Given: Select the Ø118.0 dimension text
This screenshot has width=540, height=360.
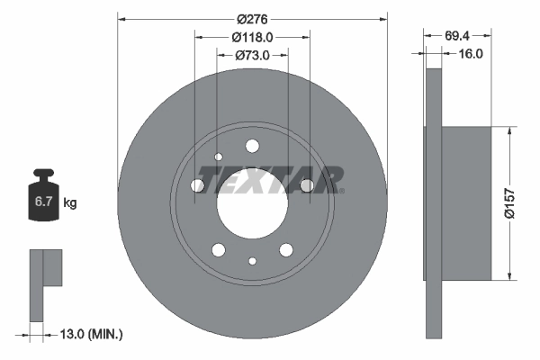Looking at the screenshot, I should pos(252,37).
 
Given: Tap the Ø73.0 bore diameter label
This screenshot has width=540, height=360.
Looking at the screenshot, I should pos(253,55).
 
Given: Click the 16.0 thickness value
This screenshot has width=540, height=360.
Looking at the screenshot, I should pos(471,54).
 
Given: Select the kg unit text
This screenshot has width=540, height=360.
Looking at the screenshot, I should pos(70,202).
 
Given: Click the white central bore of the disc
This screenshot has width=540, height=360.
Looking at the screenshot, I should pos(252,202).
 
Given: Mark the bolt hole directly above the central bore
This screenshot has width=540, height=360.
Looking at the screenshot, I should pos(252,146).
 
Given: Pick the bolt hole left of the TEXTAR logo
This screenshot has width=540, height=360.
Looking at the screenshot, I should pos(198,185).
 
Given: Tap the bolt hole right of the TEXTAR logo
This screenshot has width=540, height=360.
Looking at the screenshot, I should pos(306,185).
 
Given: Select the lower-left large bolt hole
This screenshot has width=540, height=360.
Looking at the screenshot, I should pos(219,249).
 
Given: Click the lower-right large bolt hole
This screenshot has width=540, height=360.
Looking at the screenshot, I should pos(286,249).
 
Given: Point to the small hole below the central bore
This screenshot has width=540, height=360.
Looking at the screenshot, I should pos(252,261).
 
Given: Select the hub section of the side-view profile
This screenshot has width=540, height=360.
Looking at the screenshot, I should pos(468,202).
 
